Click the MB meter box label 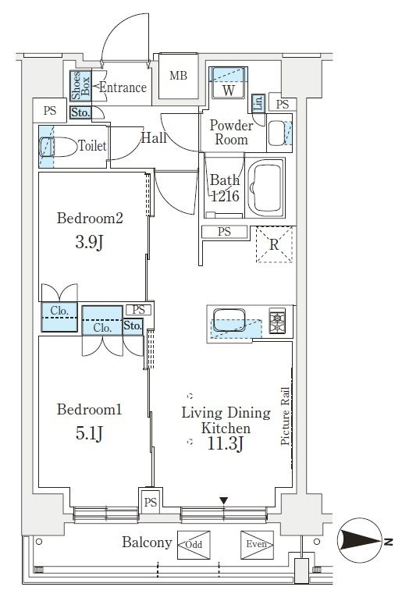pos(178,76)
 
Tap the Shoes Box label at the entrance pos(80,86)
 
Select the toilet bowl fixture pos(58,147)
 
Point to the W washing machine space pos(228,91)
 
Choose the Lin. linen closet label pos(258,103)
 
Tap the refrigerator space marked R pos(274,244)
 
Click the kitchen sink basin pos(229,320)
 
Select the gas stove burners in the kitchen pos(277,321)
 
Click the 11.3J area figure pos(225,443)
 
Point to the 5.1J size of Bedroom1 pos(90,433)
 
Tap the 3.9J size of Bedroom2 pos(90,242)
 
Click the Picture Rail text pos(285,416)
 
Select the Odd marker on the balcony pos(194,545)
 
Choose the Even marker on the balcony pos(257,544)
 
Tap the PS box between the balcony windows pos(151,502)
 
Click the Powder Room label pos(231,132)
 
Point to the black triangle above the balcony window pos(224,501)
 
